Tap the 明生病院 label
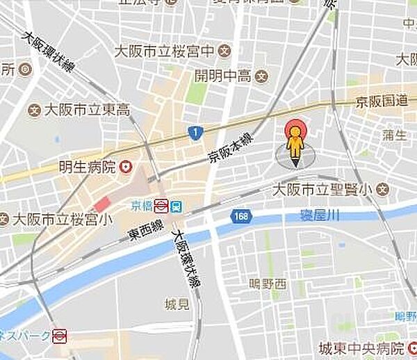88,167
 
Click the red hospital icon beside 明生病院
126,167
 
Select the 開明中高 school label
224,76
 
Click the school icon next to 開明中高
261,76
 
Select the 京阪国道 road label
384,101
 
